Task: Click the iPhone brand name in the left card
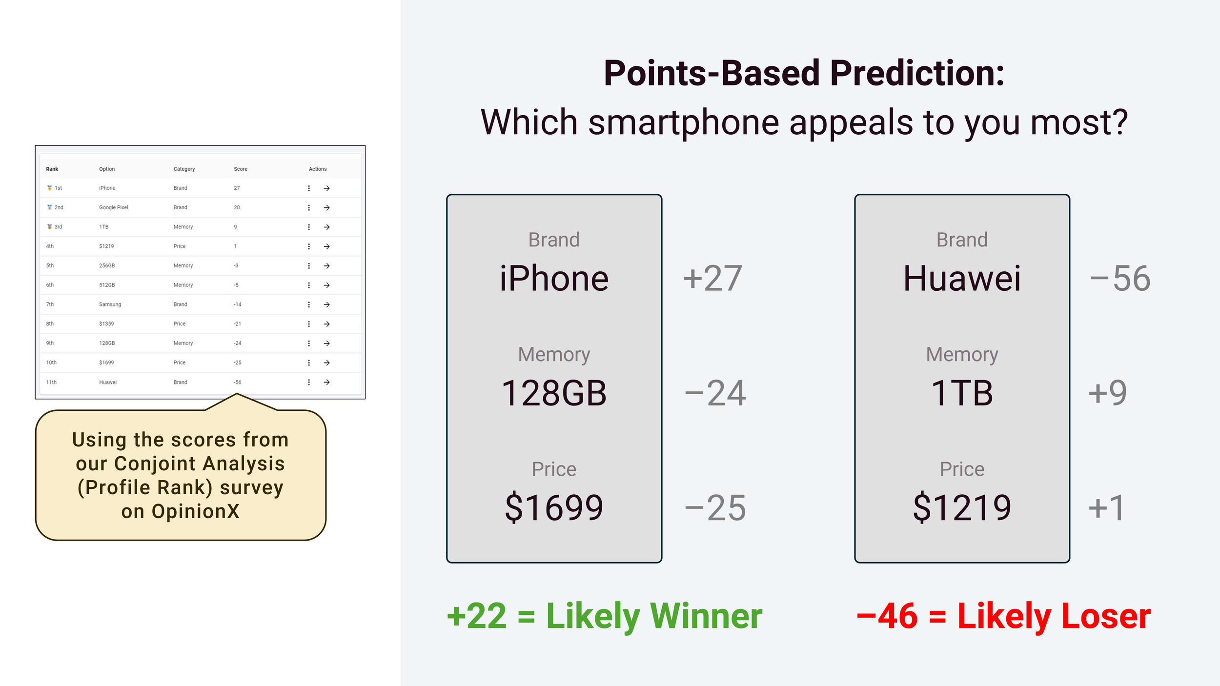tap(554, 278)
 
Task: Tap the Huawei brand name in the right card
tap(962, 278)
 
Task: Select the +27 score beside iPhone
tap(712, 279)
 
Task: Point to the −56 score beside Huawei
tap(1120, 279)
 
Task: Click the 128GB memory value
tap(554, 393)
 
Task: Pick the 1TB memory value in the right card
tap(962, 393)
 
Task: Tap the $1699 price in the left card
tap(554, 507)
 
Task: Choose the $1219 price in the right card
tap(962, 507)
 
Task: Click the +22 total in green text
tap(477, 616)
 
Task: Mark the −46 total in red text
tap(887, 616)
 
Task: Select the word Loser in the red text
tap(1106, 616)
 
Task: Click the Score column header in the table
tap(241, 169)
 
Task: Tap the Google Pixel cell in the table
tap(114, 207)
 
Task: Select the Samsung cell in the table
tap(110, 304)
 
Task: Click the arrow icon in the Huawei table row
tap(327, 382)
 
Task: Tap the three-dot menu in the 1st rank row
tap(309, 188)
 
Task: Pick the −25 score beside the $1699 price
tap(715, 508)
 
